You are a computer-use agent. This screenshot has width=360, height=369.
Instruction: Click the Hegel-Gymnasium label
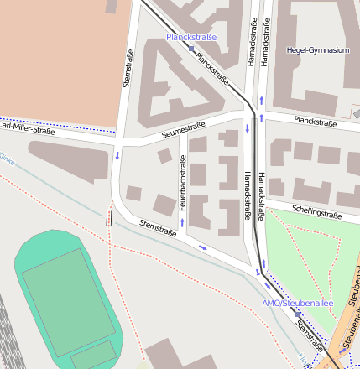316,50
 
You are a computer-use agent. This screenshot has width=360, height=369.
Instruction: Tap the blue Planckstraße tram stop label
191,37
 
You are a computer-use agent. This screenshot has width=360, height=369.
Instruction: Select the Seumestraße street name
184,130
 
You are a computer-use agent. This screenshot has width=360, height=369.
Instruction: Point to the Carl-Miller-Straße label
26,131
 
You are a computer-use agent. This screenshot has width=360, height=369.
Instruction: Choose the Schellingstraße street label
316,210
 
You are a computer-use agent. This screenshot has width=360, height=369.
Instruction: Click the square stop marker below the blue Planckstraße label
192,49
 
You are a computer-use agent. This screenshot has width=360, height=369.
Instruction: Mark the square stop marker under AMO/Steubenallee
295,313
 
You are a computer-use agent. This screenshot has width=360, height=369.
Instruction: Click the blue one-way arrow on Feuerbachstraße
182,223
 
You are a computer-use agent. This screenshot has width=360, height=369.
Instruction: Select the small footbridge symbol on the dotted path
107,219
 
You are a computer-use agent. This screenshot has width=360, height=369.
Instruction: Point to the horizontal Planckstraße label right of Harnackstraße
315,122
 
